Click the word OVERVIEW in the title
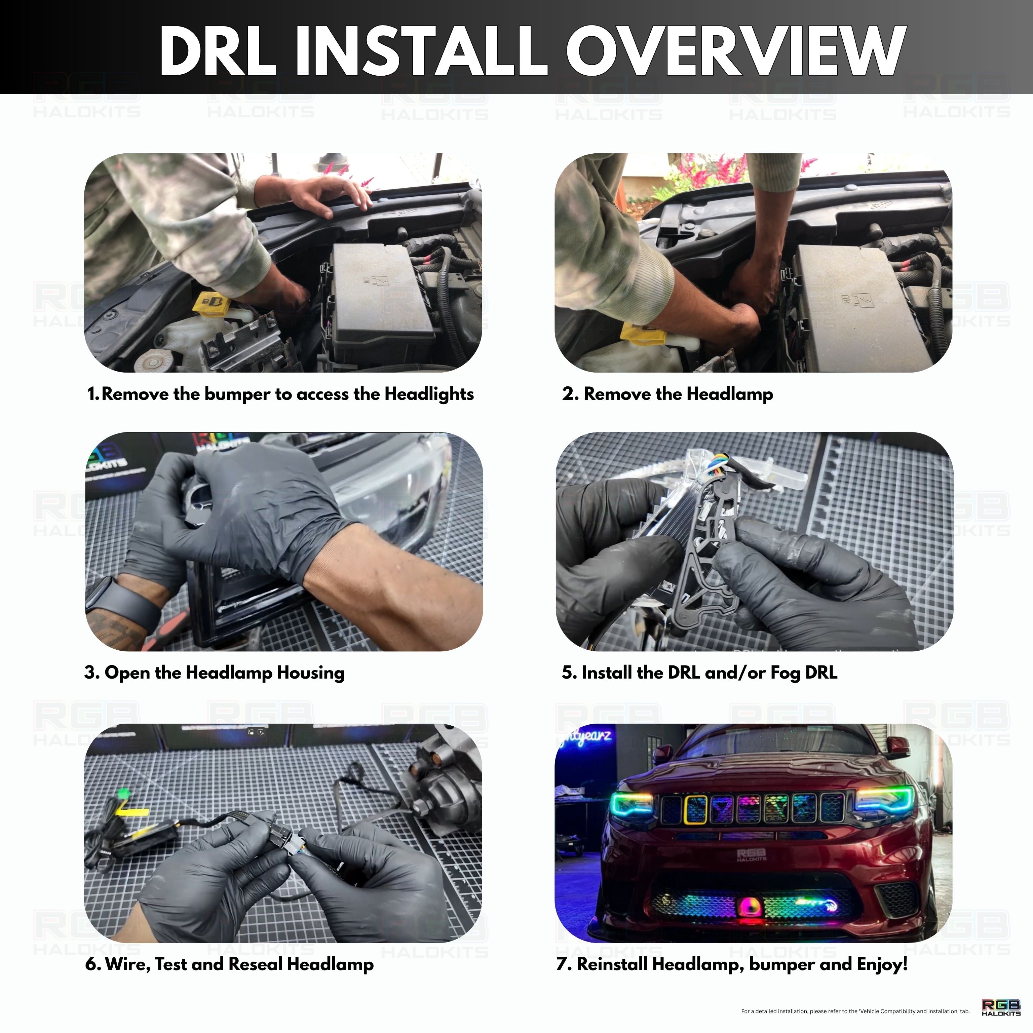point(735,51)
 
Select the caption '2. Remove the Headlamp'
point(667,394)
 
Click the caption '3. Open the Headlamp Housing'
point(215,672)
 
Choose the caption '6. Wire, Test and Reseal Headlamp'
point(229,964)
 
